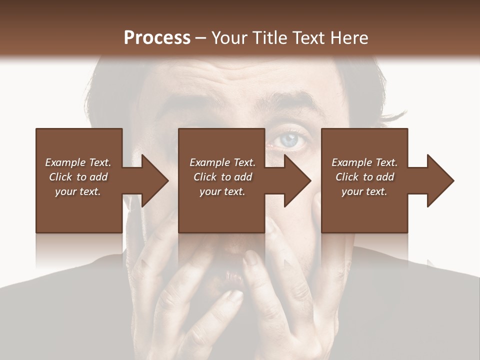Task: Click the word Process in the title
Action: tap(157, 37)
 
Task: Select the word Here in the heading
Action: tap(348, 37)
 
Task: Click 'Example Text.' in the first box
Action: tap(78, 162)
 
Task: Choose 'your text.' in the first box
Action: tap(78, 191)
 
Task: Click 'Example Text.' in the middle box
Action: tap(222, 162)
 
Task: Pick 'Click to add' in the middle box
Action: tap(222, 177)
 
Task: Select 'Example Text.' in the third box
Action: tap(364, 162)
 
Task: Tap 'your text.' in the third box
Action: tap(364, 191)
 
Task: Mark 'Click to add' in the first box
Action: tap(78, 177)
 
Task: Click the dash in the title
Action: tap(201, 38)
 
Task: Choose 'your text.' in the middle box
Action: tap(222, 191)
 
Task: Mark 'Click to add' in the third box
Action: tap(364, 177)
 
